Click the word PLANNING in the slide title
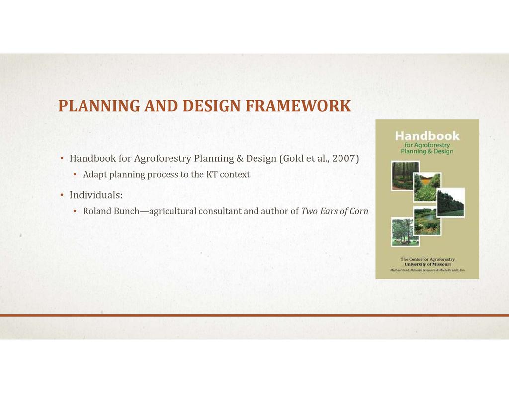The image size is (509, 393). click(99, 106)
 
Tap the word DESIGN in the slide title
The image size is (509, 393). click(212, 106)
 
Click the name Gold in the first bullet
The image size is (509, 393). click(292, 158)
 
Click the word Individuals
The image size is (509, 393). click(96, 195)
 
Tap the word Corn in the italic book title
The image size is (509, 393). click(359, 211)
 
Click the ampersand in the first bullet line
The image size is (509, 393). click(240, 158)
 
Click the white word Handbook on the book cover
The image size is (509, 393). click(427, 136)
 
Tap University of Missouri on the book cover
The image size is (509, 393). click(427, 264)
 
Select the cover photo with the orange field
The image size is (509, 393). click(427, 187)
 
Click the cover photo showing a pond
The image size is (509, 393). click(427, 221)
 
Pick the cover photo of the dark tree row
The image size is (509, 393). click(450, 202)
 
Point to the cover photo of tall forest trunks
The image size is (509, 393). click(405, 175)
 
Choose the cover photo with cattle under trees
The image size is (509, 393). click(405, 232)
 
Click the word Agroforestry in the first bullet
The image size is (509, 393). click(163, 158)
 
